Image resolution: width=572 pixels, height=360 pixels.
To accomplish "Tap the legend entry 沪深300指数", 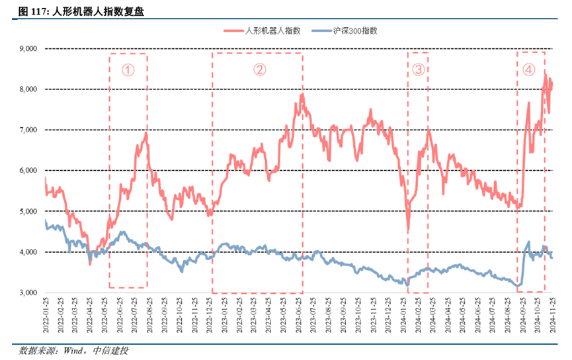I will click(x=354, y=31).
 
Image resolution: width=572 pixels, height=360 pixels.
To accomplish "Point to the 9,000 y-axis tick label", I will click(x=28, y=49).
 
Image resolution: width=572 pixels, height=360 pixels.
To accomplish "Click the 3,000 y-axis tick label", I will click(x=28, y=293).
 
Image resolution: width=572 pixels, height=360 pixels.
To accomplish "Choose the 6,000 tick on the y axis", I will click(x=28, y=171).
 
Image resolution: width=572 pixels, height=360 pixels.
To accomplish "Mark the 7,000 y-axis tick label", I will click(x=28, y=130).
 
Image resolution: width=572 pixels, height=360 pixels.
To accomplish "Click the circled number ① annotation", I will click(x=128, y=69).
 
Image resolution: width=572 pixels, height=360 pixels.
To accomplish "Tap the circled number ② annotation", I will click(x=260, y=69).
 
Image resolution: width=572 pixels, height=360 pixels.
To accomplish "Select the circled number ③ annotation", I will click(x=418, y=69).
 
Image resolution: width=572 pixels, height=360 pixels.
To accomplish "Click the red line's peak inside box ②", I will click(x=302, y=94).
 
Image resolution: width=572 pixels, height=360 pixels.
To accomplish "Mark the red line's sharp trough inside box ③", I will click(x=408, y=231).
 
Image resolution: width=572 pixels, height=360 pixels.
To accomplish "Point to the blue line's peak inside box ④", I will click(x=528, y=242).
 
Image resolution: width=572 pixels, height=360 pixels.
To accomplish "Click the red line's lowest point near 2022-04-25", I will click(x=90, y=263).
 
